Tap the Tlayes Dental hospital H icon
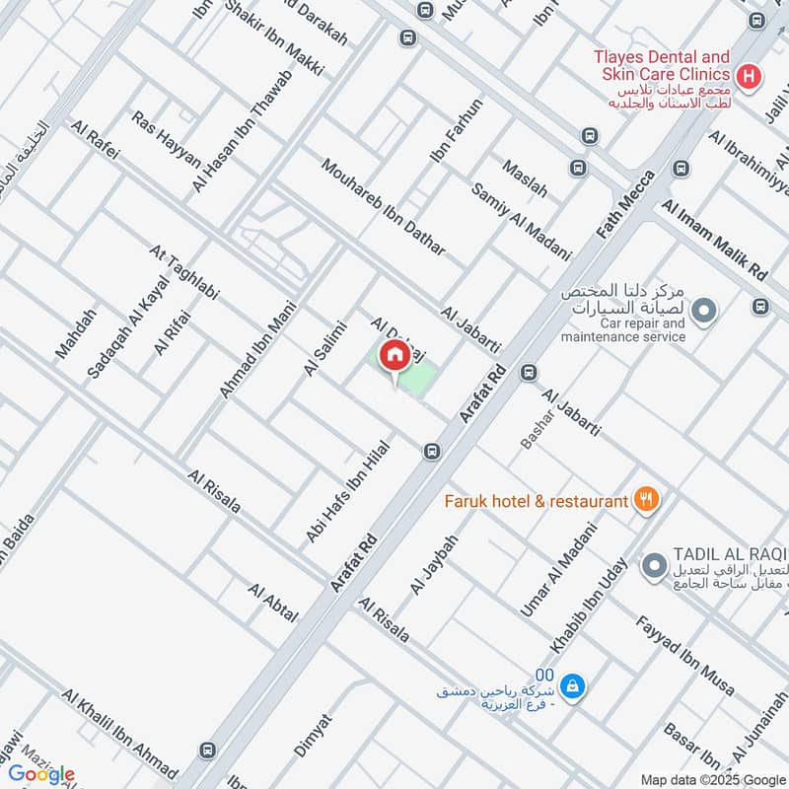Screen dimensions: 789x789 point(749,75)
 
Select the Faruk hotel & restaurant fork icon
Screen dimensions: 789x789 point(646,500)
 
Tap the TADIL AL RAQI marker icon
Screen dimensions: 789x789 point(654,567)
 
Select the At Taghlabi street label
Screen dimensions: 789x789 point(183,272)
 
